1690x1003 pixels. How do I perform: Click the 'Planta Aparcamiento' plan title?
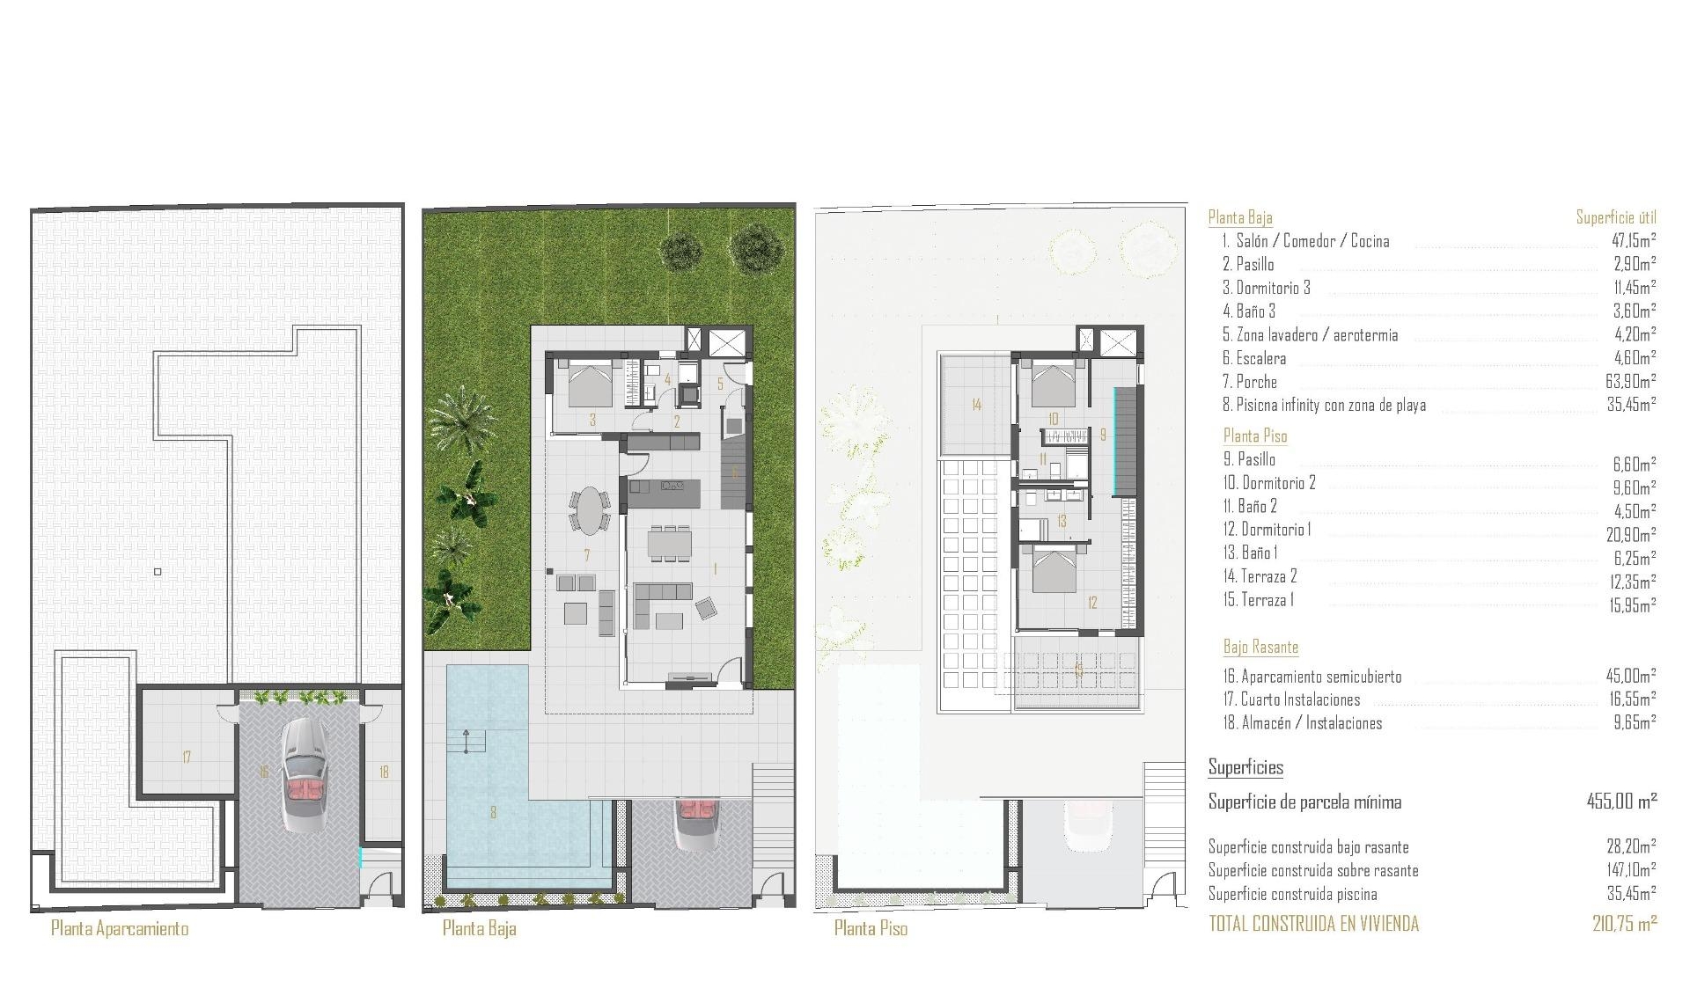coord(120,928)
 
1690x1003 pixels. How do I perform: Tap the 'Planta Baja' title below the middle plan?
coord(479,928)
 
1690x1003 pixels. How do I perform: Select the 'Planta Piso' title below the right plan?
coord(871,928)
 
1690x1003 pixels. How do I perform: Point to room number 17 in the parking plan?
coord(187,757)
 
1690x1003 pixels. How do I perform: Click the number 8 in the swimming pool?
coord(493,812)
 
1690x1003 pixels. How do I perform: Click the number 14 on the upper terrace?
coord(976,405)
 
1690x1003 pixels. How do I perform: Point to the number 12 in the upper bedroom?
coord(1092,603)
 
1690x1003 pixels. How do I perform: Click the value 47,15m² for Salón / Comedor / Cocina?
coord(1634,240)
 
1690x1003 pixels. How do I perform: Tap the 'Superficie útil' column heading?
coord(1616,217)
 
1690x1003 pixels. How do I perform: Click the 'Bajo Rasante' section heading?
coord(1260,648)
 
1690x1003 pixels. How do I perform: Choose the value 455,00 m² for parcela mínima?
coord(1621,802)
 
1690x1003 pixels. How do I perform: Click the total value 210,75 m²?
coord(1624,924)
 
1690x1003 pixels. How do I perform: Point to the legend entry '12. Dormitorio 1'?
coord(1275,530)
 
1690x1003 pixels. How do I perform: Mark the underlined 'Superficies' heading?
coord(1245,767)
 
